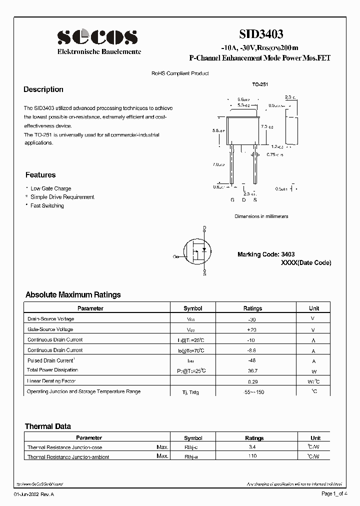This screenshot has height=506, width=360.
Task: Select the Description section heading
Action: tap(43, 89)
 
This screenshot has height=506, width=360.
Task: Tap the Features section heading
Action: tap(40, 175)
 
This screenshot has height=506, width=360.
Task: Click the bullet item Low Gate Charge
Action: tap(50, 188)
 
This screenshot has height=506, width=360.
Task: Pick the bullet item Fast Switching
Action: tap(47, 205)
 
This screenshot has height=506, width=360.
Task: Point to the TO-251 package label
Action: tap(260, 84)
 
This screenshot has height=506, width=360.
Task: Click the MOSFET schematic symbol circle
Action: tap(198, 250)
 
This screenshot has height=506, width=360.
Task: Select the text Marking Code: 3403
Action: tap(265, 254)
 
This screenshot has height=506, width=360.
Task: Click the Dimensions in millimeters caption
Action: tap(261, 216)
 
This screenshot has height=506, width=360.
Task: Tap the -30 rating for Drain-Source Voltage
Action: tap(252, 319)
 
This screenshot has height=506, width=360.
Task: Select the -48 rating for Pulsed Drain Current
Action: tap(252, 360)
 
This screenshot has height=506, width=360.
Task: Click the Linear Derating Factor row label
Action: tap(52, 381)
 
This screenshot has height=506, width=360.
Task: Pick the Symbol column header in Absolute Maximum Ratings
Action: tap(192, 308)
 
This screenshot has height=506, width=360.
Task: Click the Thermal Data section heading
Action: tap(48, 426)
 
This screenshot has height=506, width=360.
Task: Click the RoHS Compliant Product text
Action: tap(180, 73)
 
